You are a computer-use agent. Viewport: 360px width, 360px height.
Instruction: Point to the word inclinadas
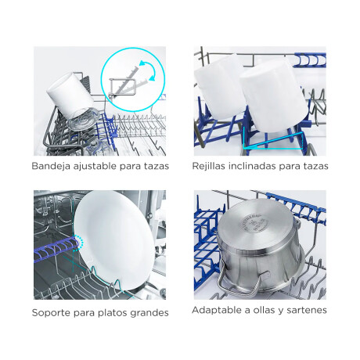[x=263, y=167]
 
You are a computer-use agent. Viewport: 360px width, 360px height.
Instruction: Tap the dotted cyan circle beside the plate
[x=78, y=244]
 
